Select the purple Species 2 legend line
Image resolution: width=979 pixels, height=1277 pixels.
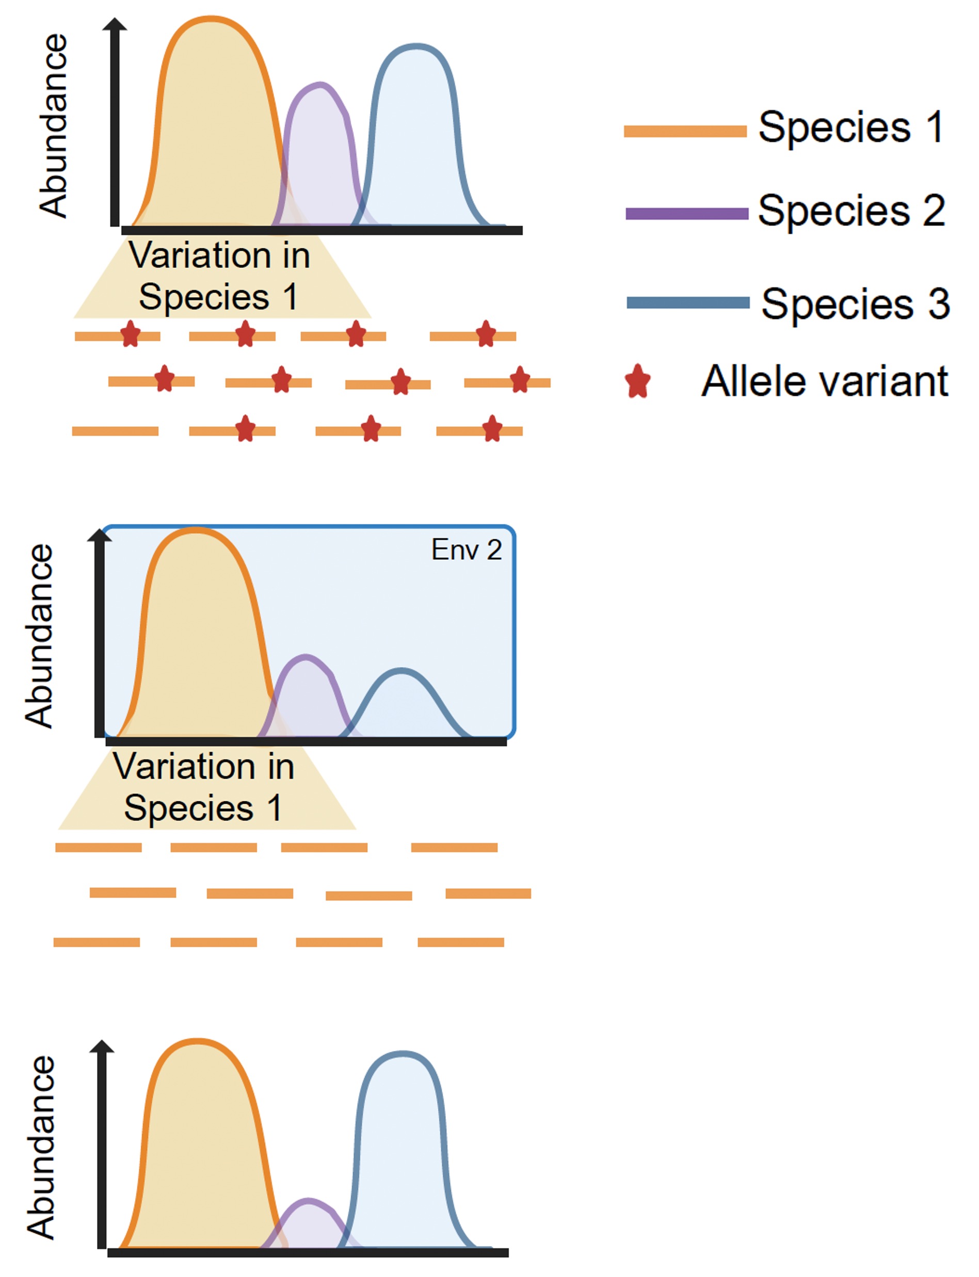(x=686, y=213)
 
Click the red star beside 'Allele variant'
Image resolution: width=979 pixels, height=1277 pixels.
(x=637, y=382)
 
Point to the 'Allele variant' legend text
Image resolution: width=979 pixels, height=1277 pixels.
(x=825, y=382)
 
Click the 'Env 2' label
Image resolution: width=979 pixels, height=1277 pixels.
(x=466, y=549)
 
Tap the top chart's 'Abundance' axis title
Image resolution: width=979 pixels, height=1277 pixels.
(x=54, y=125)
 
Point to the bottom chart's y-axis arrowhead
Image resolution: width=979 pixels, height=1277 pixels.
(x=102, y=1047)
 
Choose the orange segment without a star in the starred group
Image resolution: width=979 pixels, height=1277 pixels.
(x=115, y=431)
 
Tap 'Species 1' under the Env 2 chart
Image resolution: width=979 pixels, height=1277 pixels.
(x=203, y=807)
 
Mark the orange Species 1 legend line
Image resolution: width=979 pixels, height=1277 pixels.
(x=685, y=131)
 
